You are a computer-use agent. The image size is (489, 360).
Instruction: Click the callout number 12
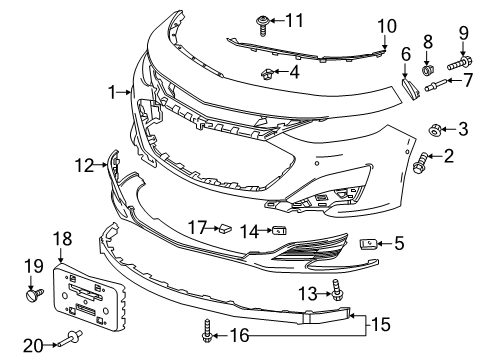(84, 163)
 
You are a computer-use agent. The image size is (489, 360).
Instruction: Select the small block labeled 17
(227, 228)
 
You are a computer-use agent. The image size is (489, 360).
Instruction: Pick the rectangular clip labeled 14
(278, 231)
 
